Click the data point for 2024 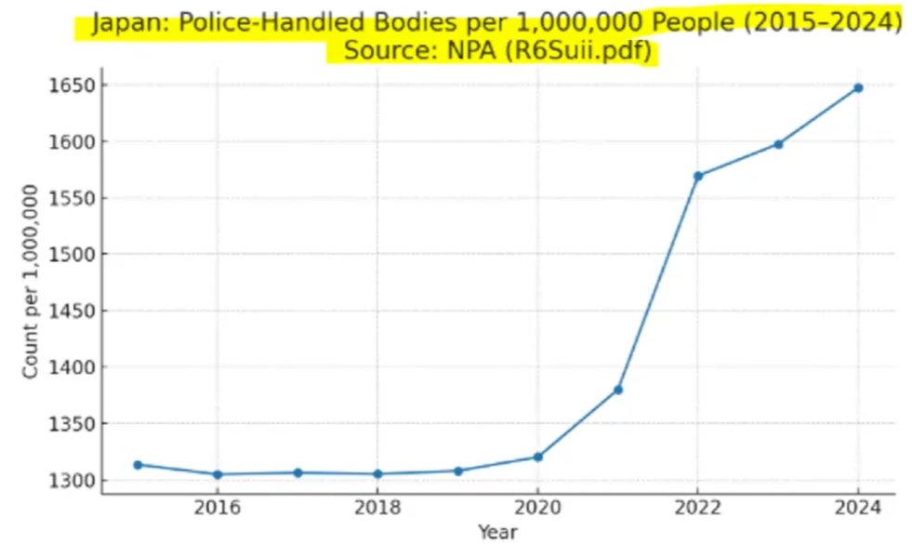858,87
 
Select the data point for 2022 698,176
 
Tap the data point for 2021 617,390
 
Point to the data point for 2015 138,465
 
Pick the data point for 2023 778,144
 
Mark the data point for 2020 538,458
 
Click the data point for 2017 297,473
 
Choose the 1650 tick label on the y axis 72,86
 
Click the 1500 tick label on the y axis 72,254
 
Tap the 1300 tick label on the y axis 72,481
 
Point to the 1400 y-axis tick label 72,367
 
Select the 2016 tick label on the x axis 218,508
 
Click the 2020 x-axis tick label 538,508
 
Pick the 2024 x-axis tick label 858,508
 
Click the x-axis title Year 498,532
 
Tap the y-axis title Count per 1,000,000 31,282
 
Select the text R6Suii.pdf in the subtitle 579,50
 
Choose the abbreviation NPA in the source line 471,50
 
